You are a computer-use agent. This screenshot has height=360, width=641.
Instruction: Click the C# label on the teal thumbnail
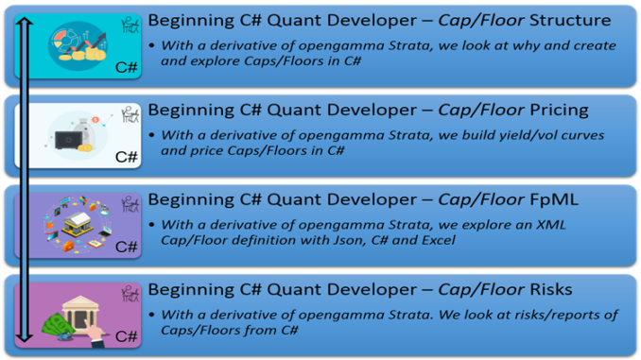[x=126, y=67]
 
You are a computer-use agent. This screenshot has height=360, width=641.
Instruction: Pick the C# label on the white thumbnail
[x=126, y=157]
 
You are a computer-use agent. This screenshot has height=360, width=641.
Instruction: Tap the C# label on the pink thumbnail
[x=126, y=335]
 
